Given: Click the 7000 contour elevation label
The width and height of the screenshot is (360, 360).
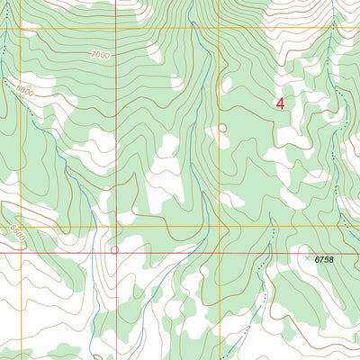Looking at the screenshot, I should pyautogui.click(x=100, y=55).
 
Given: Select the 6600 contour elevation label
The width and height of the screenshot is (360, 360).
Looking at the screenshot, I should pyautogui.click(x=13, y=230).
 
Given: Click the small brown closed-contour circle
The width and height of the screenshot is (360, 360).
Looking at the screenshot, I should pyautogui.click(x=222, y=129).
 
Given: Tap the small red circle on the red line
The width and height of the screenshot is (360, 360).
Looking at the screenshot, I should pyautogui.click(x=114, y=250).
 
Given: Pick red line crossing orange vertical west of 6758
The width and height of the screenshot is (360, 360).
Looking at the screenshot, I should pyautogui.click(x=220, y=253).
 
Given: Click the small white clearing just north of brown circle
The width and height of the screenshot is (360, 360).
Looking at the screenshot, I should pyautogui.click(x=226, y=85).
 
